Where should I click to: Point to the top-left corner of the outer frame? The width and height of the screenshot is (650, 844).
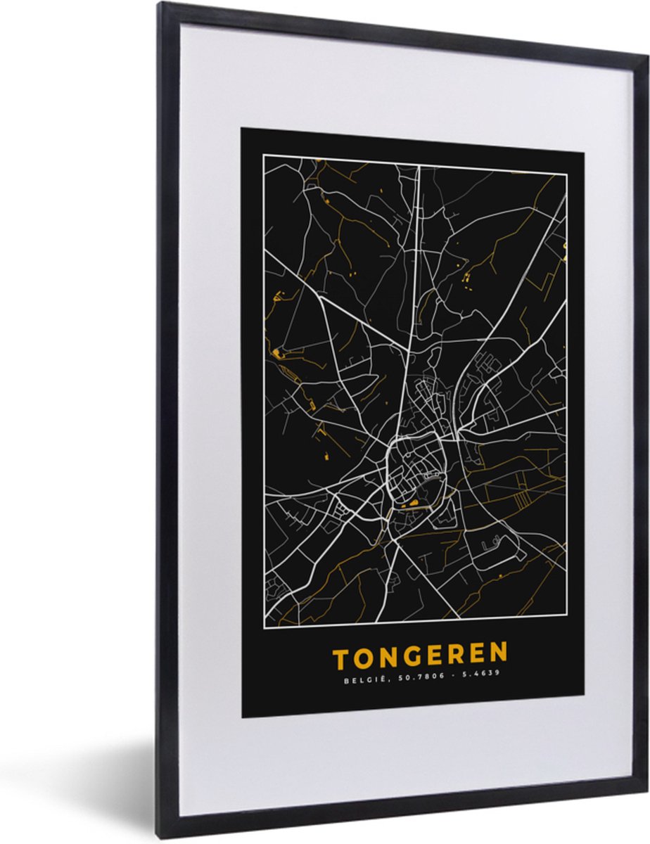[160, 4]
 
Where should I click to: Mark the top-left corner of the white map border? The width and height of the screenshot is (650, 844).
[264, 155]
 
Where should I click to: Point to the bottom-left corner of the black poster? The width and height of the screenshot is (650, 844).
[243, 717]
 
